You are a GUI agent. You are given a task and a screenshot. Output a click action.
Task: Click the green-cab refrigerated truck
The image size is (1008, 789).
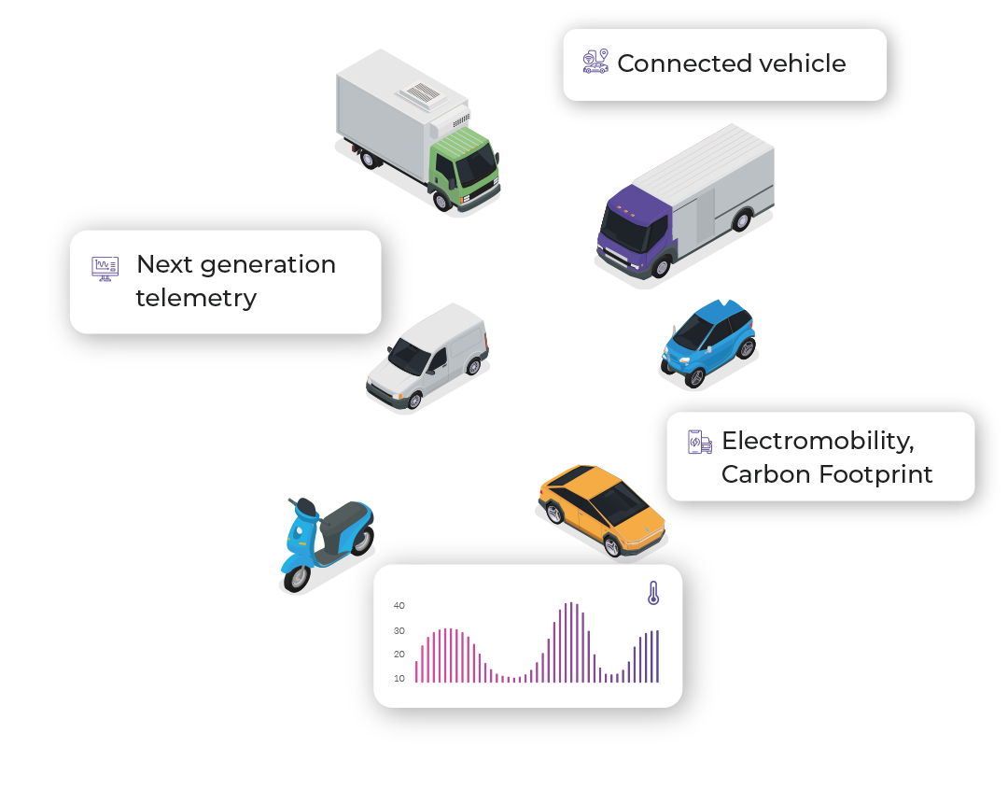418,132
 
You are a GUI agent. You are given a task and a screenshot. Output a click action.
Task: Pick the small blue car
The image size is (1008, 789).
708,343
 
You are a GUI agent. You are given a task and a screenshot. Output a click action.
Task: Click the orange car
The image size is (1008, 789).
602,510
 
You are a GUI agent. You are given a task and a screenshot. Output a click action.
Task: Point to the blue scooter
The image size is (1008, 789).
328,544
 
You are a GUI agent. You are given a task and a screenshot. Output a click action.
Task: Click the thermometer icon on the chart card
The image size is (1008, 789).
653,593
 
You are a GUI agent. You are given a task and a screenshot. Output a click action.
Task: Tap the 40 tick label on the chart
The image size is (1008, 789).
399,606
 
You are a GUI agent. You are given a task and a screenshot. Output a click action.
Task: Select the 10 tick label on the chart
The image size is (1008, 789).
399,679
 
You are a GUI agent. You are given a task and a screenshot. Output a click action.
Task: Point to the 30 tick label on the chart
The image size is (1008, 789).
399,631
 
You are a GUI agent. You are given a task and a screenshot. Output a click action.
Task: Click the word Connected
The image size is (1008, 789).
685,63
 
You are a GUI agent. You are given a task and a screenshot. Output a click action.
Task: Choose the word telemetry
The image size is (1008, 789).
196,299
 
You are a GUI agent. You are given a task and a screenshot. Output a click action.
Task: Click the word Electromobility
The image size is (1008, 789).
818,441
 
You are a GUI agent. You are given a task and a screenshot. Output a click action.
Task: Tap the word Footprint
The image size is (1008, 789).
875,474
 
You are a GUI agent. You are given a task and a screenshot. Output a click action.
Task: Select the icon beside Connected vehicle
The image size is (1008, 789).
595,62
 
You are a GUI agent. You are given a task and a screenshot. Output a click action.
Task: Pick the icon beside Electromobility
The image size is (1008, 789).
699,443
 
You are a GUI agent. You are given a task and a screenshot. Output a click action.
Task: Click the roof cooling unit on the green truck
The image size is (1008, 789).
422,93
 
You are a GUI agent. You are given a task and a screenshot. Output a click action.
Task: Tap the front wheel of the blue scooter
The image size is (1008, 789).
297,578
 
